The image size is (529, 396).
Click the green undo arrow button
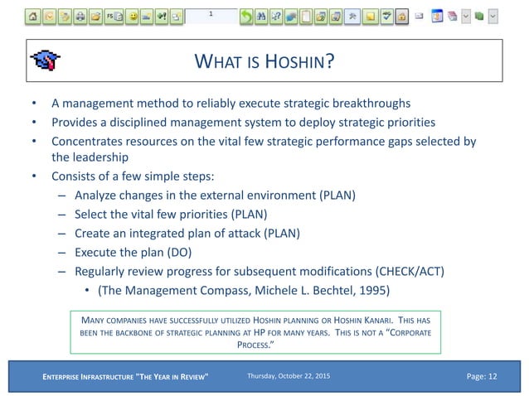click(247, 16)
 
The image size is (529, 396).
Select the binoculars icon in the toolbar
click(262, 16)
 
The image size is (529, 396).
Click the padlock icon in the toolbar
click(401, 16)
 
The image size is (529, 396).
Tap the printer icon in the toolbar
click(80, 16)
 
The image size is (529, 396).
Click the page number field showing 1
click(211, 15)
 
